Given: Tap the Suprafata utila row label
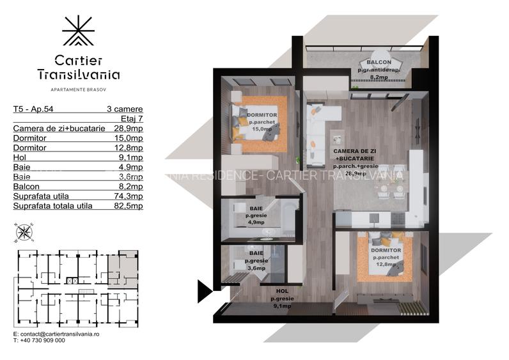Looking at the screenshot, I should coord(41,196).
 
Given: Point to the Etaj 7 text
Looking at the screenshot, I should coord(132,119).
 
